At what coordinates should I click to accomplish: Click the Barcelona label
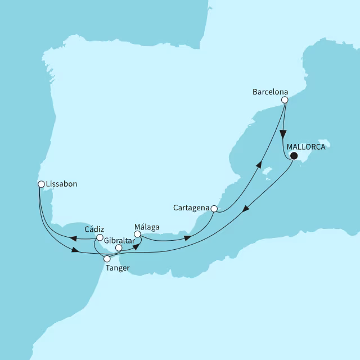point(271,91)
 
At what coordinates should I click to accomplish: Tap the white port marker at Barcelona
point(285,100)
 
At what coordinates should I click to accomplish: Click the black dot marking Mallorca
point(293,157)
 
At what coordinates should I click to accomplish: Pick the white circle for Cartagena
point(214,209)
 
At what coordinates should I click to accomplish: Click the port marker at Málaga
point(137,234)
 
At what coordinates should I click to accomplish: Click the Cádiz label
point(94,229)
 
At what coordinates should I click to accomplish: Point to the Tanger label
point(117,268)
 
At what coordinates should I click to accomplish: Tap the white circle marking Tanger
point(107,259)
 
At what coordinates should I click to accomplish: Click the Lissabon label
point(61,183)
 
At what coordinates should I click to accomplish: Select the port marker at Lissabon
point(41,183)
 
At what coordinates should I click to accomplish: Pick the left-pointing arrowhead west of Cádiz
point(74,238)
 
